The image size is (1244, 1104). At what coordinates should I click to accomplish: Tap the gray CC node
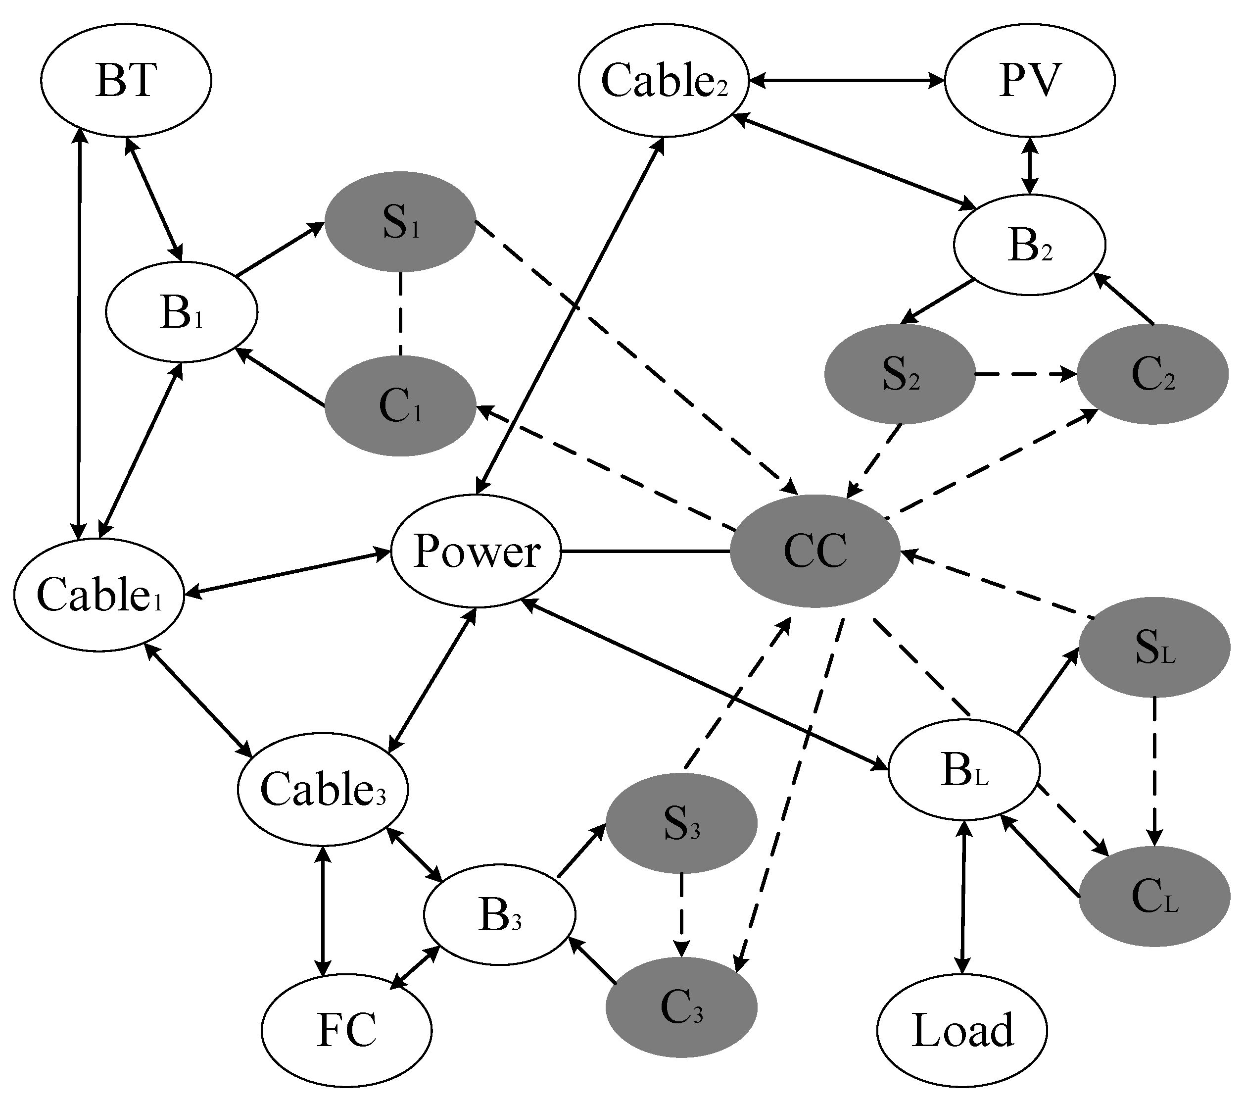(815, 551)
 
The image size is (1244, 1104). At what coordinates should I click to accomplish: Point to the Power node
(476, 551)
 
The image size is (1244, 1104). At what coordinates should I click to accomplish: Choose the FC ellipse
(347, 1030)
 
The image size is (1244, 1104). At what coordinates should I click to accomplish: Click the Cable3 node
(323, 789)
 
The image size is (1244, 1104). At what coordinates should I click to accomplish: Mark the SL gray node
(1154, 646)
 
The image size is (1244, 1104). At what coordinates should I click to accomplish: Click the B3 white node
(500, 914)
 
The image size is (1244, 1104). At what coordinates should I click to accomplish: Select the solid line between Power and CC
(645, 551)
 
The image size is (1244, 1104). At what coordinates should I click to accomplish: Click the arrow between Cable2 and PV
(846, 80)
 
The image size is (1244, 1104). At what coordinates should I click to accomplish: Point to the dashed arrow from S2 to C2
(1025, 374)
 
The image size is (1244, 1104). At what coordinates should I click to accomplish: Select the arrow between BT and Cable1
(79, 335)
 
